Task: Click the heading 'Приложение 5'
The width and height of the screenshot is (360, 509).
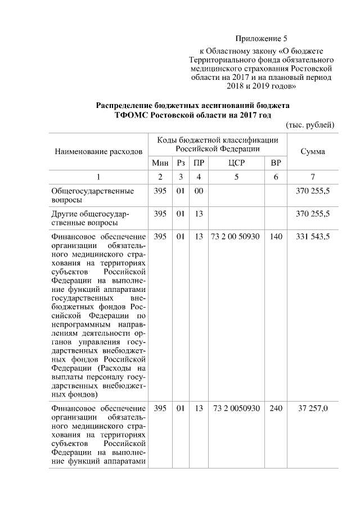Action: pyautogui.click(x=261, y=39)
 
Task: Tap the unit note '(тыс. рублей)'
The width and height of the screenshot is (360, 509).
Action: pyautogui.click(x=310, y=124)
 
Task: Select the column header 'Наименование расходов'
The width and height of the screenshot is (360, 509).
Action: pyautogui.click(x=98, y=152)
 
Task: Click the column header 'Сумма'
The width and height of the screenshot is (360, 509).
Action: pyautogui.click(x=313, y=152)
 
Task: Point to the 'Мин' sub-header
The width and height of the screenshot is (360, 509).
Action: pyautogui.click(x=160, y=163)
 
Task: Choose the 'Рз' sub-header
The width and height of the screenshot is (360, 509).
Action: pyautogui.click(x=181, y=163)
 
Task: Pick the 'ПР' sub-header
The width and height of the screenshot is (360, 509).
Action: pyautogui.click(x=198, y=163)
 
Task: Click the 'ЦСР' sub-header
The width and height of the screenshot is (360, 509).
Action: pyautogui.click(x=236, y=163)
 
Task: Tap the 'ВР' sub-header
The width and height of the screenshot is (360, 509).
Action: pyautogui.click(x=276, y=163)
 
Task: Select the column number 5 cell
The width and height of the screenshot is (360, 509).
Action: pyautogui.click(x=236, y=177)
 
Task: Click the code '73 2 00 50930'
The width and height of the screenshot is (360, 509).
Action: pyautogui.click(x=236, y=237)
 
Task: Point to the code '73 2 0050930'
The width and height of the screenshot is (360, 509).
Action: pyautogui.click(x=236, y=408)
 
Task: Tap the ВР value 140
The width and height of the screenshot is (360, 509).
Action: pyautogui.click(x=276, y=237)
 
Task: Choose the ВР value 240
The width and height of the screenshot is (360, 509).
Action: pyautogui.click(x=276, y=408)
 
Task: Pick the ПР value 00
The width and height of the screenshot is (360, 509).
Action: pyautogui.click(x=198, y=191)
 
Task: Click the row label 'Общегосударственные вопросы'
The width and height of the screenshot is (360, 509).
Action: pyautogui.click(x=93, y=195)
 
